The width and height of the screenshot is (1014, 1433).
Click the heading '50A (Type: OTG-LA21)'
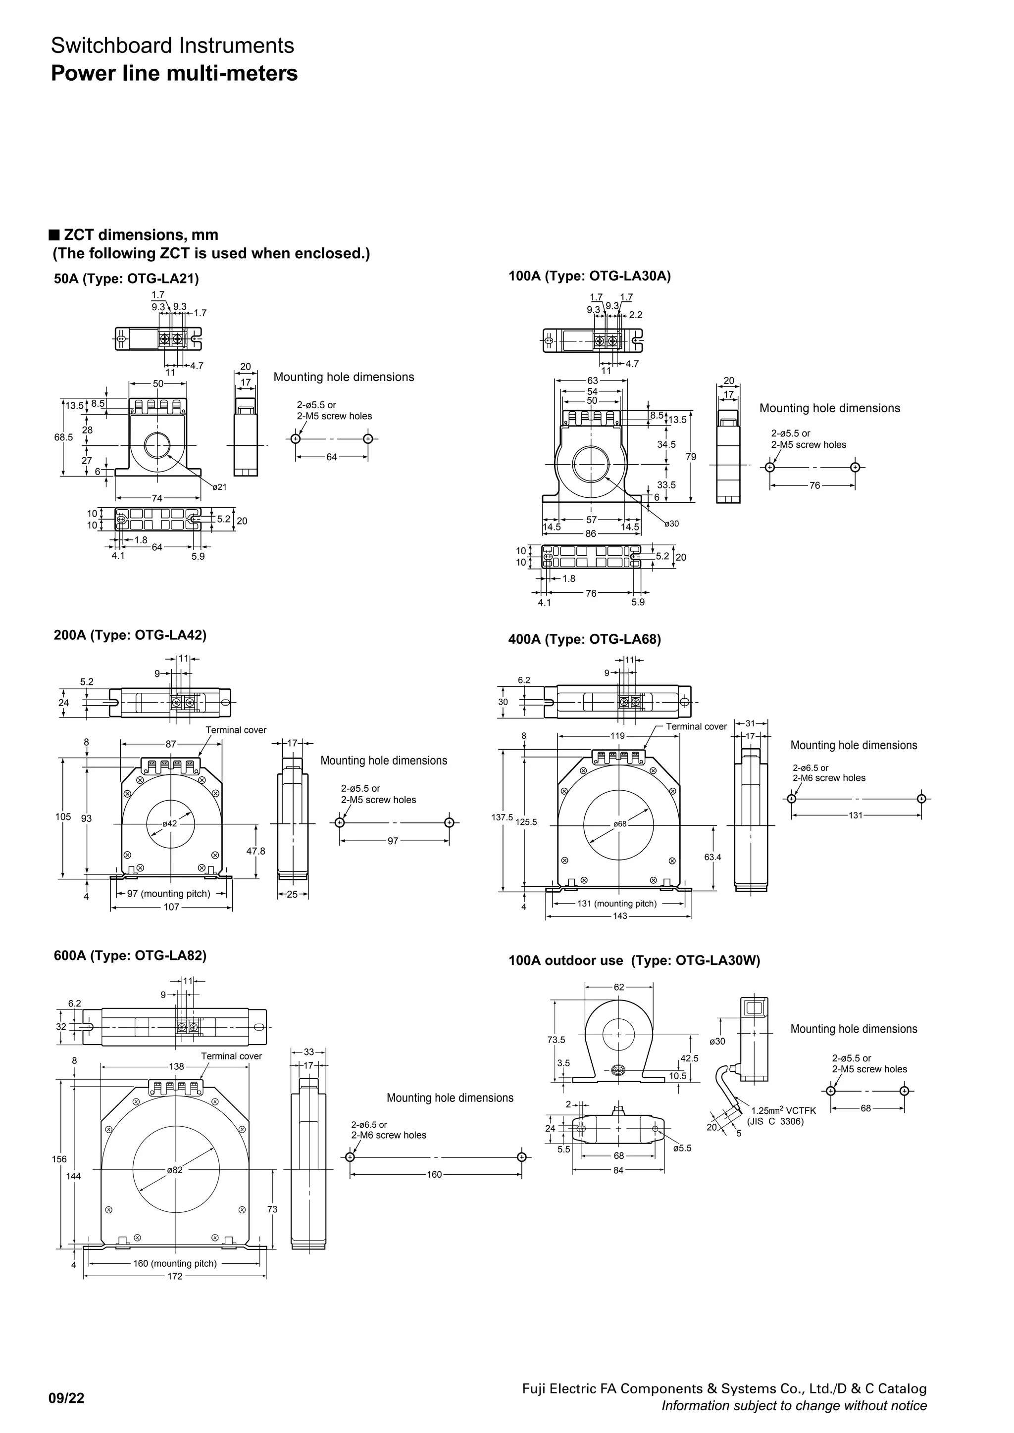point(126,279)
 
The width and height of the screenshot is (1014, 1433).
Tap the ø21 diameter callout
point(219,487)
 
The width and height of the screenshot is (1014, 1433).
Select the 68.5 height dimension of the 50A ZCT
point(62,437)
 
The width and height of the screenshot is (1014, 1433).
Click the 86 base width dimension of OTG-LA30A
point(591,533)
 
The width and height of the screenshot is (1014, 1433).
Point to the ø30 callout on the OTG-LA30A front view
point(671,524)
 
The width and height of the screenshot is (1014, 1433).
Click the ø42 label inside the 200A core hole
point(170,824)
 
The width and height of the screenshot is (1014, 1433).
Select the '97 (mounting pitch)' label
point(168,894)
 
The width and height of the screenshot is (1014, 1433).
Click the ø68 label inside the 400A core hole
point(619,824)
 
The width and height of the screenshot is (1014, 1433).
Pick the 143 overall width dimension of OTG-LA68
point(619,916)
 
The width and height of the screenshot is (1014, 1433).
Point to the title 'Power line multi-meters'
point(174,74)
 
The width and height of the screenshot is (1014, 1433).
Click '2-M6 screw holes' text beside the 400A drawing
point(828,778)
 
